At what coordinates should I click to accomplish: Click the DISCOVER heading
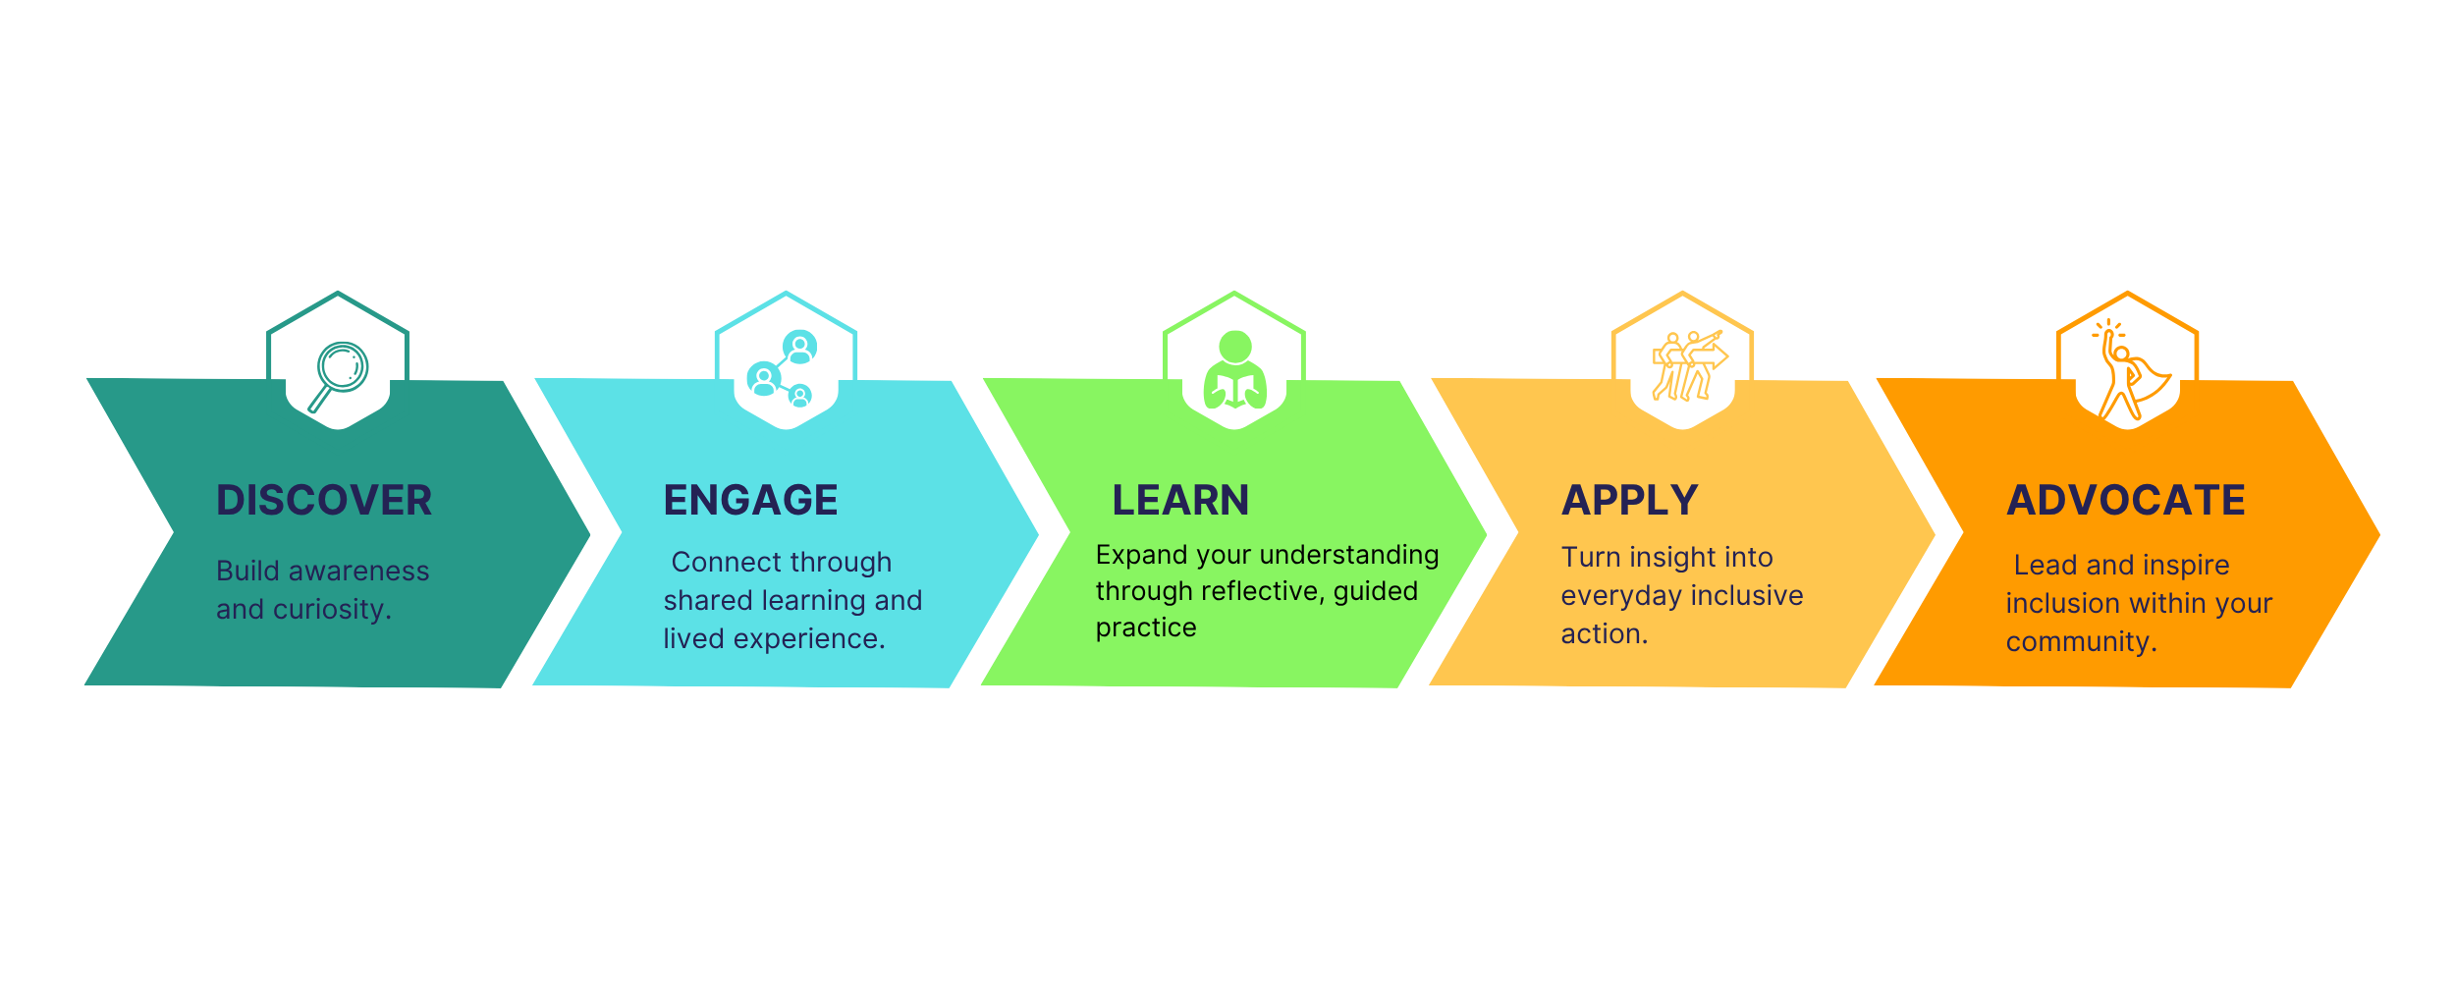tap(324, 501)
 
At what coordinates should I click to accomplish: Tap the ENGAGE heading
tap(750, 501)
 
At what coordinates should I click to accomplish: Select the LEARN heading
tap(1180, 501)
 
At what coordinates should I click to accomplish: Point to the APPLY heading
tap(1630, 501)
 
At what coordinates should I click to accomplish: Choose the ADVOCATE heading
tap(2126, 501)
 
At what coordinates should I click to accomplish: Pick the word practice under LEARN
tap(1146, 627)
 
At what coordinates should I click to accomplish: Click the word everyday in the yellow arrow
tap(1621, 596)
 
